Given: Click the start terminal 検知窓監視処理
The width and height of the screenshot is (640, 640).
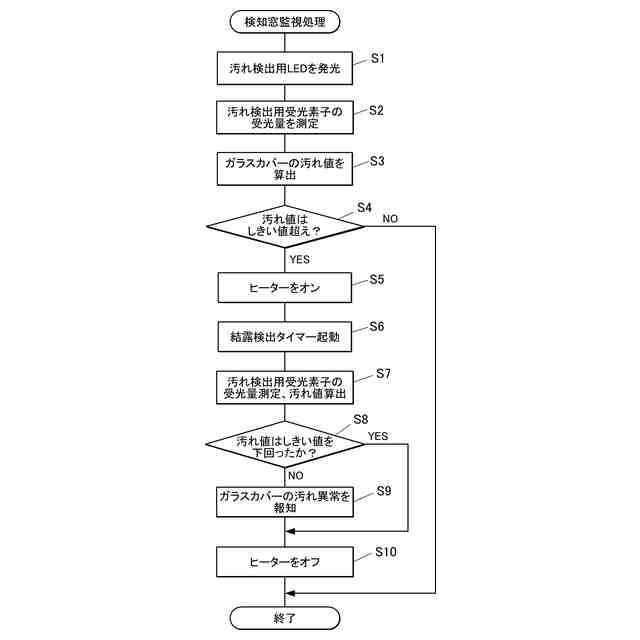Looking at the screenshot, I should (285, 20).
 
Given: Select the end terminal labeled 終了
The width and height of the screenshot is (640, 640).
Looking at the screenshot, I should (285, 618).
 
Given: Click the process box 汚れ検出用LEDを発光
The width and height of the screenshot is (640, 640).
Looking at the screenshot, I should (285, 69).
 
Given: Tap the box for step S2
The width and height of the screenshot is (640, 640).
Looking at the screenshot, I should (285, 118).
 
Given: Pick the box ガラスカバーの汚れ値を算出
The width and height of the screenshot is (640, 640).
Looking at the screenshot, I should (285, 168).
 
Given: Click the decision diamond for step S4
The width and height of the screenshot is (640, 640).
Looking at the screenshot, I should (285, 226).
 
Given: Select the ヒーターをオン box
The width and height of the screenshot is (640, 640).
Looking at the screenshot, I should (285, 288).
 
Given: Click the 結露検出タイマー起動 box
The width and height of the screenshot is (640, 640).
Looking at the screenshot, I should (285, 337).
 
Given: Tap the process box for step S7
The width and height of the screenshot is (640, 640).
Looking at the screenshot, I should (285, 388).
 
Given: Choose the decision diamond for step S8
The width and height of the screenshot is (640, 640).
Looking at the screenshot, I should (285, 446).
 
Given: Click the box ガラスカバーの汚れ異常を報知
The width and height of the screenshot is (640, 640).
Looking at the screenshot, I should (285, 501).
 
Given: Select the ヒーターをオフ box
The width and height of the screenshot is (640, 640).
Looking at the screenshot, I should (285, 562).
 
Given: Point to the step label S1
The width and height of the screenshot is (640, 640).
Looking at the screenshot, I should (378, 58).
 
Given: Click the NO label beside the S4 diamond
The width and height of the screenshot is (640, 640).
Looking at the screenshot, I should (390, 218).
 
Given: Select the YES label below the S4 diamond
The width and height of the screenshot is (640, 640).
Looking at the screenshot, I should (299, 259).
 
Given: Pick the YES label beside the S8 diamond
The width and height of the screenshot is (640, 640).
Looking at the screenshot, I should (378, 436).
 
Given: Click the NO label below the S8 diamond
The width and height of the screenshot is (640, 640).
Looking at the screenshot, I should (295, 476).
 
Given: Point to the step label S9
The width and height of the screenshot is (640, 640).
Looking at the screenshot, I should (384, 490).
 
